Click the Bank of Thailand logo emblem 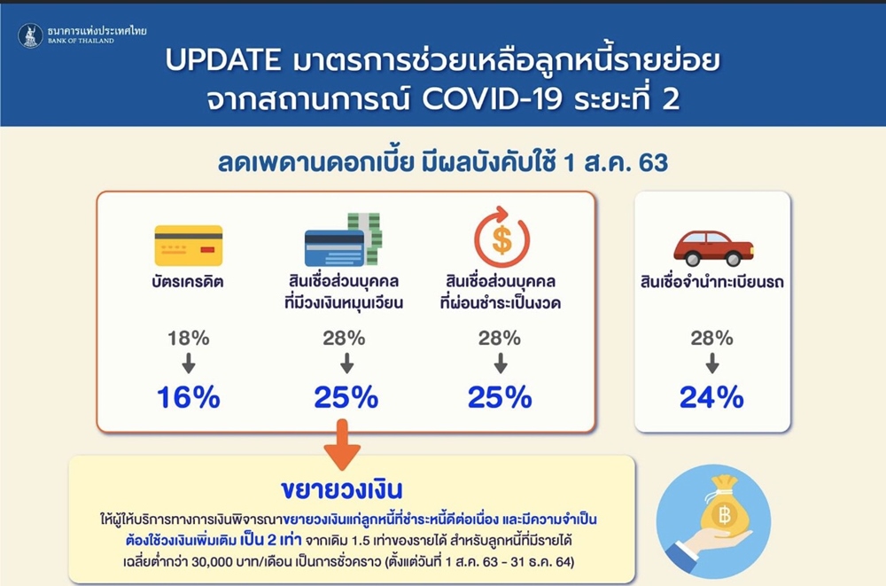pyautogui.click(x=30, y=35)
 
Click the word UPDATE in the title pyautogui.click(x=223, y=60)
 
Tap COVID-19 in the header pyautogui.click(x=492, y=99)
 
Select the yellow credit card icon pyautogui.click(x=189, y=246)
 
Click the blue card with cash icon pyautogui.click(x=344, y=239)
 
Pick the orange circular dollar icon pyautogui.click(x=501, y=237)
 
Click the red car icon pyautogui.click(x=713, y=248)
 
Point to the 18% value pyautogui.click(x=189, y=339)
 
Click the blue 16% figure pyautogui.click(x=188, y=397)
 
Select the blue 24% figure pyautogui.click(x=711, y=397)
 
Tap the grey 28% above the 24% pyautogui.click(x=712, y=339)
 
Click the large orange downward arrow pyautogui.click(x=342, y=445)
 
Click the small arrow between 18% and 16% pyautogui.click(x=189, y=363)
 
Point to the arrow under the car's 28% pyautogui.click(x=712, y=363)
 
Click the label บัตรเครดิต pyautogui.click(x=188, y=282)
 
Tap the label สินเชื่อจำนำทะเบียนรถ pyautogui.click(x=712, y=282)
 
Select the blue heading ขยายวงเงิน pyautogui.click(x=342, y=490)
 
